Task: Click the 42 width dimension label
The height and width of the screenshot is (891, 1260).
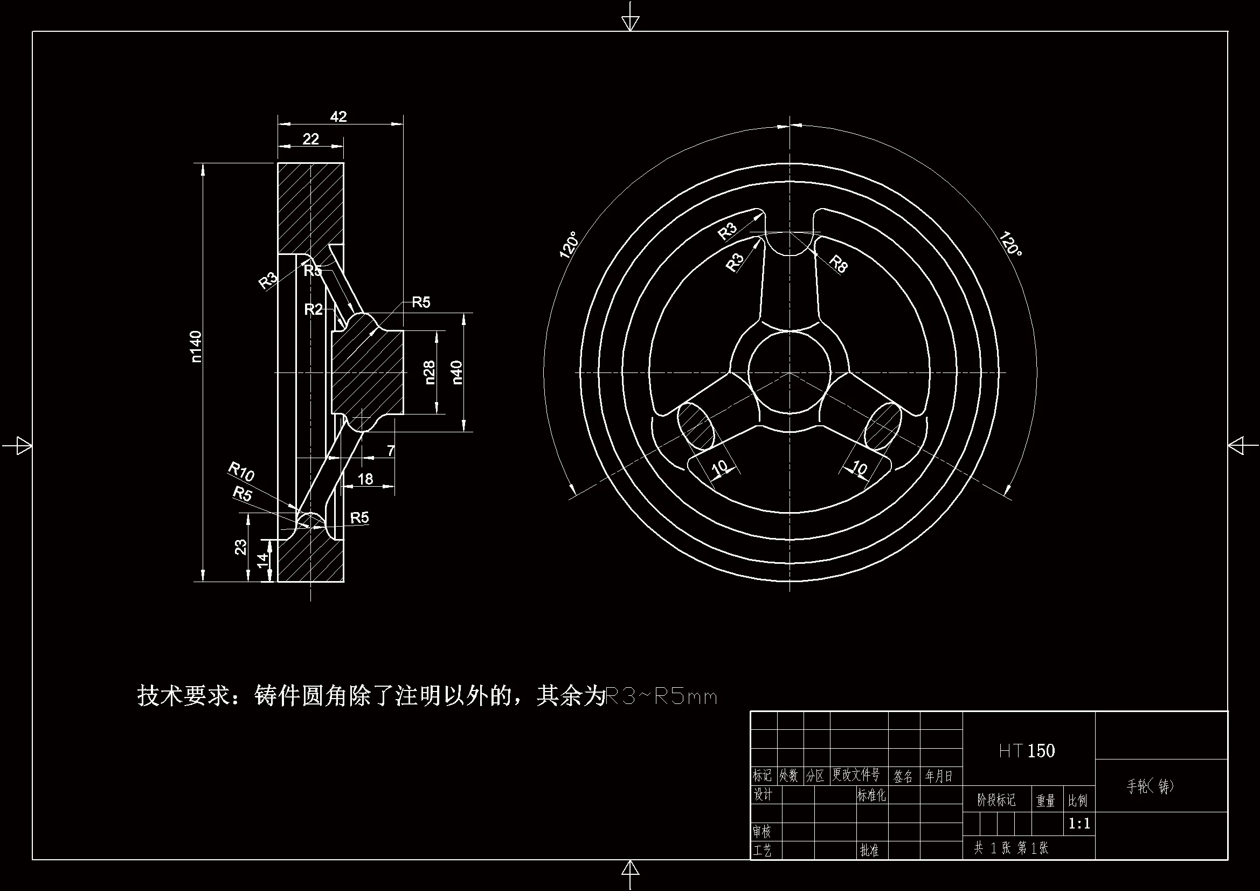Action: point(338,116)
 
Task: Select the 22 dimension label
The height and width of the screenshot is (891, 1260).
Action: point(310,139)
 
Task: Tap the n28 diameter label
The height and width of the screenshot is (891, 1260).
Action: point(430,372)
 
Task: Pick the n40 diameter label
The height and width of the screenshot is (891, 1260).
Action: point(457,372)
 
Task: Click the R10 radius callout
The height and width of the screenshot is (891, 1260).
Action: point(241,471)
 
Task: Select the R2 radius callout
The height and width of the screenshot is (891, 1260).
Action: point(313,309)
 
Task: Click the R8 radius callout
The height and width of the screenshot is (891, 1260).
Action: point(838,264)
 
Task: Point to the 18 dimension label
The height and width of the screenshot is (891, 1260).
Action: point(365,479)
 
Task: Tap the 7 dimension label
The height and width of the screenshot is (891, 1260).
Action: point(390,451)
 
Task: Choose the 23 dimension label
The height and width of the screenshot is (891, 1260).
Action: point(241,547)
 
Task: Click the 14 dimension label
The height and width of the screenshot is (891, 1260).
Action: point(263,560)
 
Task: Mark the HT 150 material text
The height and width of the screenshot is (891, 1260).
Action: point(1027,750)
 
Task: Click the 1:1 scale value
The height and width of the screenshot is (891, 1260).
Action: point(1079,824)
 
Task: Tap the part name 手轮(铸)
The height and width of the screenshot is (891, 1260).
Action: point(1150,786)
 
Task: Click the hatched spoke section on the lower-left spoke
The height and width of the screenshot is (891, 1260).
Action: point(696,425)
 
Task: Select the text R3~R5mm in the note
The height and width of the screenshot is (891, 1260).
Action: point(660,696)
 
